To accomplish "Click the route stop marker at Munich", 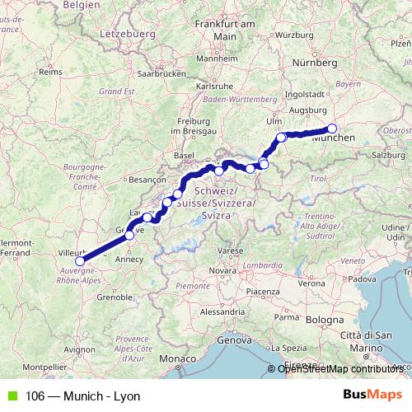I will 333,128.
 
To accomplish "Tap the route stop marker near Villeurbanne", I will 79,262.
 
